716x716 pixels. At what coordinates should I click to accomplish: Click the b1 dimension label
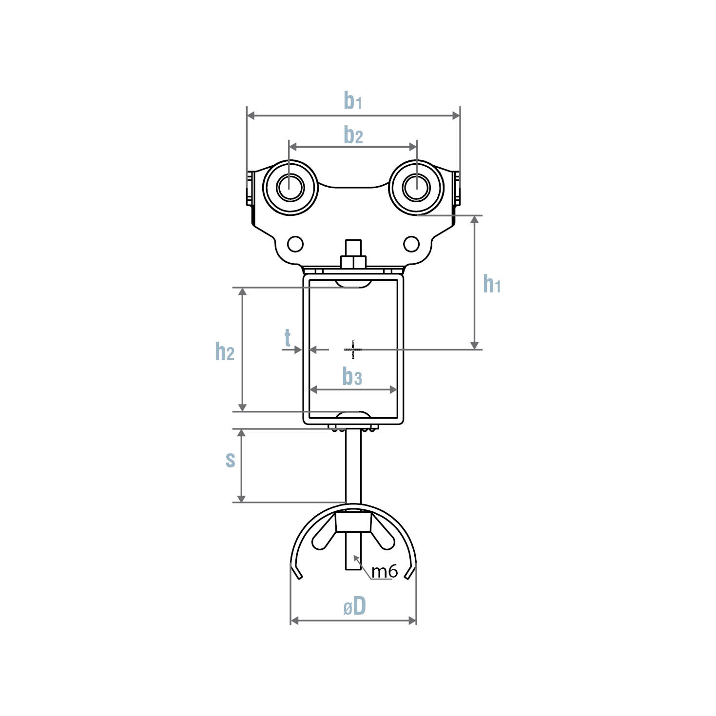click(x=352, y=100)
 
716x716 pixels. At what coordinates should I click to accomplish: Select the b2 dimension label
click(x=353, y=135)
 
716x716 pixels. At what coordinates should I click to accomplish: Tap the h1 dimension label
click(x=491, y=284)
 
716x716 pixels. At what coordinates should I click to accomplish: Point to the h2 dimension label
click(x=225, y=350)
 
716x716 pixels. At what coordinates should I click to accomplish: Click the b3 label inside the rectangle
click(x=352, y=377)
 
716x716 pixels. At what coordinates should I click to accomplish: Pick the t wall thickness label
click(x=288, y=337)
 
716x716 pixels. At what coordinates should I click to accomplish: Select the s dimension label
click(x=231, y=459)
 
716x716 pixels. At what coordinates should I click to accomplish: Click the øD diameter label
click(x=354, y=607)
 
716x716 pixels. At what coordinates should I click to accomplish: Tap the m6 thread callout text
click(x=385, y=571)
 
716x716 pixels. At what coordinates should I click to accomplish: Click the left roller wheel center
click(x=290, y=187)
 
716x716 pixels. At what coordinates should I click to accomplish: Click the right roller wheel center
click(x=416, y=187)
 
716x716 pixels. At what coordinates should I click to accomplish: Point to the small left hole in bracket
click(x=295, y=244)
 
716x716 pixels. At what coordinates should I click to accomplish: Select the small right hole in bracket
click(x=411, y=244)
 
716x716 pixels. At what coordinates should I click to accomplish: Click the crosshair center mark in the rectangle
click(x=353, y=349)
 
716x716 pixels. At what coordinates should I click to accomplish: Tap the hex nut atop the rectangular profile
click(x=353, y=262)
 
